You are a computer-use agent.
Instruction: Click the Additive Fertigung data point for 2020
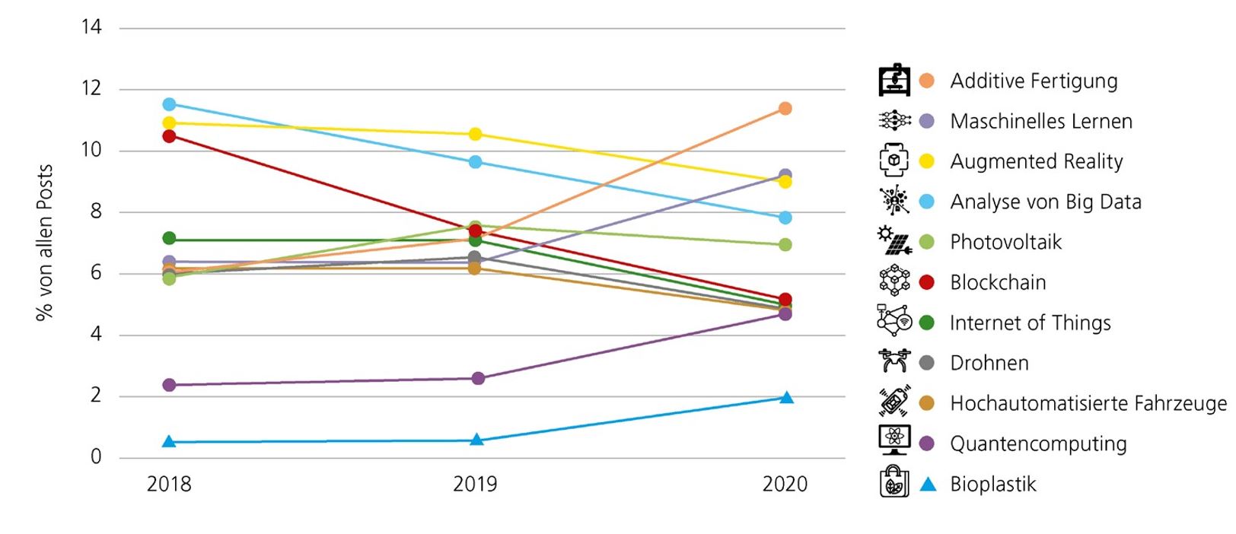tap(785, 109)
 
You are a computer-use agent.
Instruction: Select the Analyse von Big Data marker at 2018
tap(169, 104)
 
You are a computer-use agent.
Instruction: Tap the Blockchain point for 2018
tap(169, 136)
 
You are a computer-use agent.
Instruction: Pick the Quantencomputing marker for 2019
tap(477, 378)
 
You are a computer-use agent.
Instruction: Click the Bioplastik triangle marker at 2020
tap(786, 398)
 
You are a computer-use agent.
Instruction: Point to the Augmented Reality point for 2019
tap(475, 135)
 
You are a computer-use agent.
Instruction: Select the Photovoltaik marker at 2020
tap(785, 245)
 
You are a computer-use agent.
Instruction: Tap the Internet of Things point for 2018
tap(169, 239)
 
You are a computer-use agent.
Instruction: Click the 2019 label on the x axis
tap(475, 484)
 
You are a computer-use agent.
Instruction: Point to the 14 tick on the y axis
tap(91, 27)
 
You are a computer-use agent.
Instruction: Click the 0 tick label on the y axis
tap(96, 456)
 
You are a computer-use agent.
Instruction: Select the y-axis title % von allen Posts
tap(44, 242)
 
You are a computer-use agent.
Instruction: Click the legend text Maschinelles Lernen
tap(1040, 121)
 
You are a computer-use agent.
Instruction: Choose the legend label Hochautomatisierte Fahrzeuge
tap(1088, 403)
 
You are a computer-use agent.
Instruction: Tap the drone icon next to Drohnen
tap(894, 361)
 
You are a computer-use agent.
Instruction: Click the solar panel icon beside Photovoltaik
tap(894, 240)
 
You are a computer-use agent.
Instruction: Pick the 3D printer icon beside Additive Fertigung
tap(894, 80)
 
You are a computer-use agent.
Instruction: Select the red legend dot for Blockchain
tap(926, 282)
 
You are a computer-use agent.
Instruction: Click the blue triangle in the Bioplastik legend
tap(927, 484)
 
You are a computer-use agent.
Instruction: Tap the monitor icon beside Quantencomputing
tap(894, 440)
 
